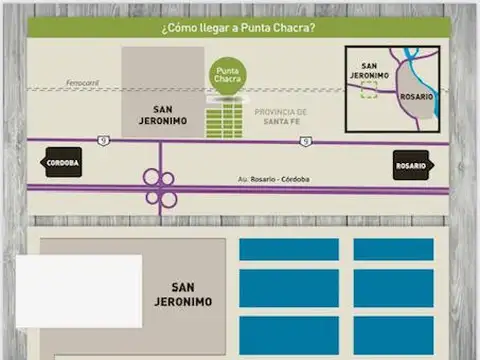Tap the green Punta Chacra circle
[226, 76]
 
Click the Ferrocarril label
[82, 83]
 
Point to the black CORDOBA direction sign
[62, 162]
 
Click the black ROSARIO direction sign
[411, 165]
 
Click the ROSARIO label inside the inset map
[417, 96]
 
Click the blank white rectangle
[78, 291]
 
